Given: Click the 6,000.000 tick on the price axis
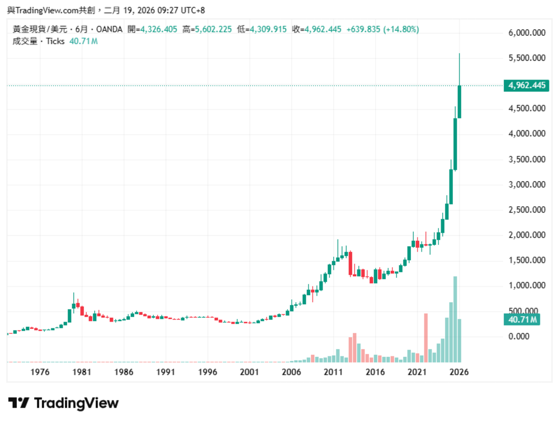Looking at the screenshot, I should [x=527, y=33].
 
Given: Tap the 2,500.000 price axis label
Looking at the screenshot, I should [x=527, y=210].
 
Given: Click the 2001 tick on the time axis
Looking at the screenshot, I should [x=249, y=372].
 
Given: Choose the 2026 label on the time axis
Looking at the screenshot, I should [x=459, y=372].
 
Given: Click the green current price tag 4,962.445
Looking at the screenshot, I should [x=526, y=86].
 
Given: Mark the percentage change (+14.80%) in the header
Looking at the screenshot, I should [x=401, y=29].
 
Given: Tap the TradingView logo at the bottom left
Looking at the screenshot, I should [x=63, y=403].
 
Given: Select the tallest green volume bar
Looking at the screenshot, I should [x=455, y=319].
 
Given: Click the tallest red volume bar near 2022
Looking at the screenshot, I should [x=426, y=337].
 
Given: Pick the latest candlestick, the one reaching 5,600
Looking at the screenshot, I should [x=459, y=101].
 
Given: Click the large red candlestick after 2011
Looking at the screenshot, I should [x=350, y=263].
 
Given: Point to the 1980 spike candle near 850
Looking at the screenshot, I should [x=73, y=305].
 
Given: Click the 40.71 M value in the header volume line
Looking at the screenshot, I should [x=83, y=41].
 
